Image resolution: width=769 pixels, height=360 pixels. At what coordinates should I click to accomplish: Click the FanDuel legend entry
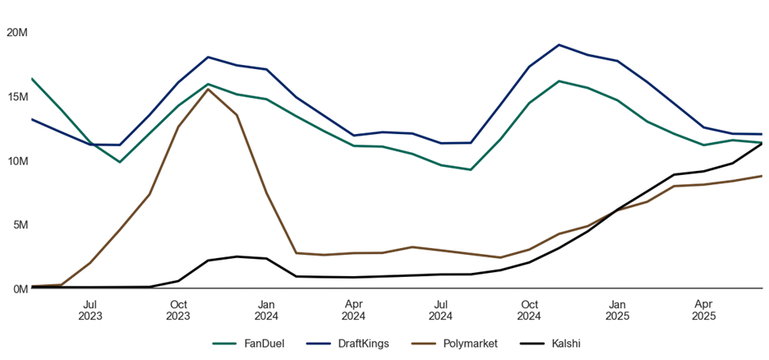pos(248,344)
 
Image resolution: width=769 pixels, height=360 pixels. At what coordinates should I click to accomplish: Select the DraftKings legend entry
pos(348,344)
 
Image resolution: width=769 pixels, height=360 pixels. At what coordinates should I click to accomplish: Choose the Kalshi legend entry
pos(550,344)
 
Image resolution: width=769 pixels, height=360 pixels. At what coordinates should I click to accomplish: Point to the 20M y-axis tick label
pos(17,33)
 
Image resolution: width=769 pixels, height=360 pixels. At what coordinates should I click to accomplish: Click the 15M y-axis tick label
pos(17,97)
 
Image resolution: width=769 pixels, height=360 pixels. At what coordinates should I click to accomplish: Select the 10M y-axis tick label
pos(17,161)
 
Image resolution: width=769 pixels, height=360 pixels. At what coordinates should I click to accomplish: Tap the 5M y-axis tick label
pos(20,224)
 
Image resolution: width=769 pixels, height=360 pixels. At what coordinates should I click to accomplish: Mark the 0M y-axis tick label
pos(20,288)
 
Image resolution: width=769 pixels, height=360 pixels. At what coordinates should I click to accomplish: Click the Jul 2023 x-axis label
pos(90,310)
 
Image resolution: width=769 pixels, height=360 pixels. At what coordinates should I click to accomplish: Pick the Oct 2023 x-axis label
pos(177,310)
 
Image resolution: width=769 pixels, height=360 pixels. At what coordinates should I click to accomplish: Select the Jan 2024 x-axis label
pos(266,310)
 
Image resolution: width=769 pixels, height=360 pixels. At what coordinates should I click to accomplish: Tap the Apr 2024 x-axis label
pos(353,310)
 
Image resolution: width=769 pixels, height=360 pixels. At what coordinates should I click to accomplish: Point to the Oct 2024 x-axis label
pos(529,310)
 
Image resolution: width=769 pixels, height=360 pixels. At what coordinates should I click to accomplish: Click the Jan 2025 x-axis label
pos(617,310)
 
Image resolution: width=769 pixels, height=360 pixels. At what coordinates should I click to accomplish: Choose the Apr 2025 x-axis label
pos(704,310)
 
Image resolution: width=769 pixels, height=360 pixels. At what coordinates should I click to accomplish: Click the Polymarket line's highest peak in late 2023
pos(208,90)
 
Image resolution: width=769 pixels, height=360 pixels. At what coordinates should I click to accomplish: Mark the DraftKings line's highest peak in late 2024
pos(559,45)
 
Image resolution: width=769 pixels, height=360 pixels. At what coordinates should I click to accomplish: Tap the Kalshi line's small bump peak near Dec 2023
pos(237,256)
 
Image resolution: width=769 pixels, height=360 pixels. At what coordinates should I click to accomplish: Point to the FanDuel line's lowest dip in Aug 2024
pos(471,169)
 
